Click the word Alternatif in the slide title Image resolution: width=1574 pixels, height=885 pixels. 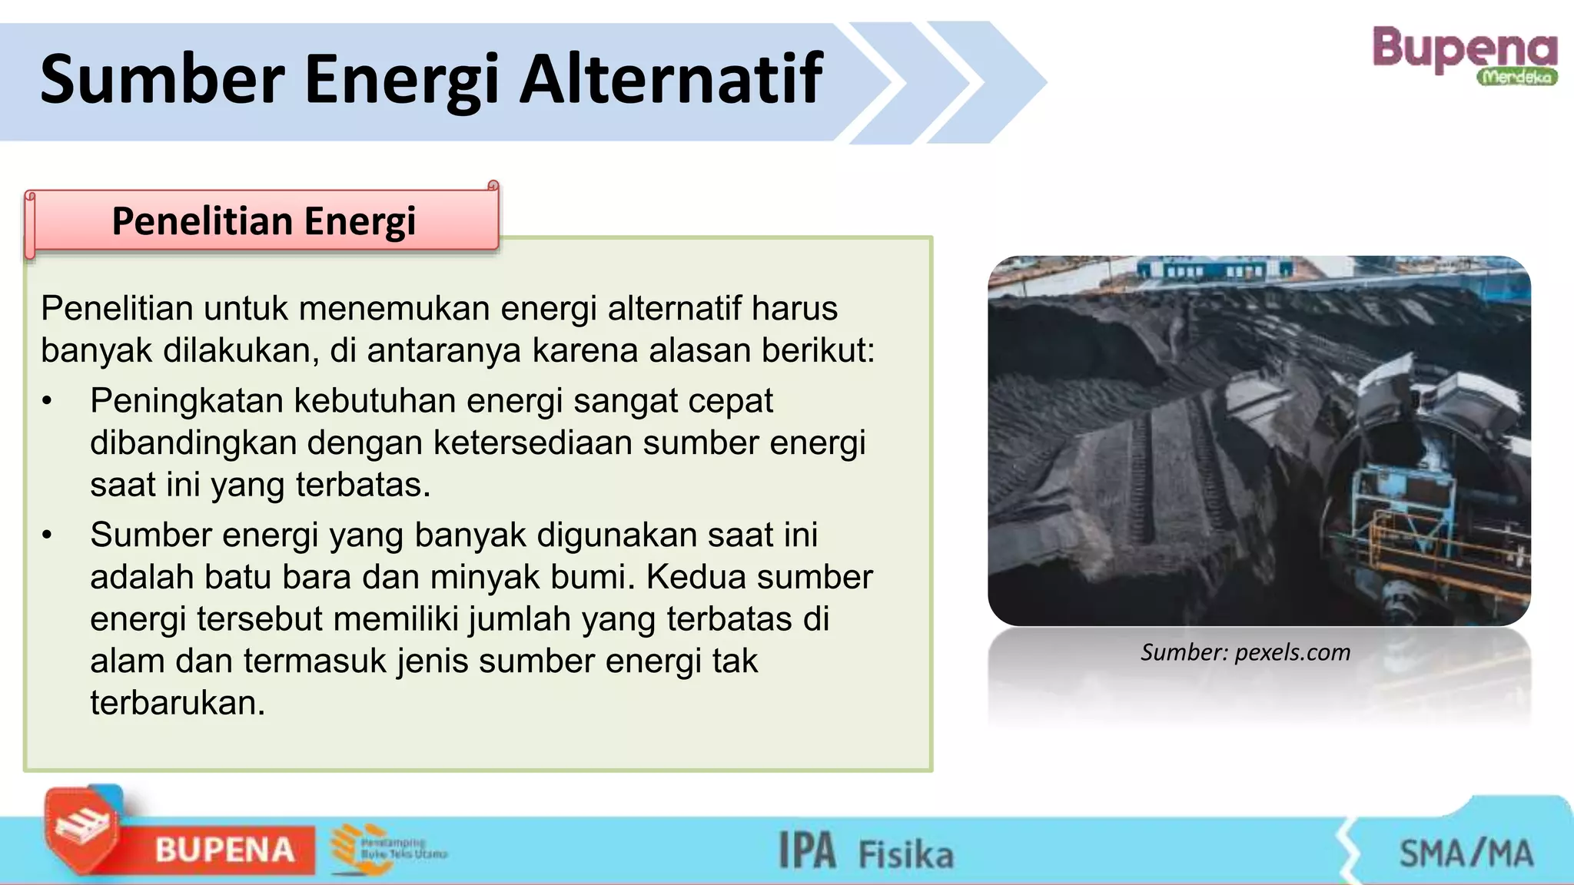click(x=671, y=79)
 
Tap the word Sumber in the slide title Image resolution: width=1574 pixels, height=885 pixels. click(x=162, y=79)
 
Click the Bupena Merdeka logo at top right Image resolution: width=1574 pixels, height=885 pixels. click(x=1464, y=55)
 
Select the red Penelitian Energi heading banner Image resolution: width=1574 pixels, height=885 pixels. click(x=263, y=221)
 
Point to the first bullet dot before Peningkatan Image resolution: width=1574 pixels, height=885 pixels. click(x=48, y=402)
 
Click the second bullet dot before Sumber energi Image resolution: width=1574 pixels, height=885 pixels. click(x=48, y=535)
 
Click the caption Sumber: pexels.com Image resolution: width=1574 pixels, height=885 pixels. click(x=1245, y=652)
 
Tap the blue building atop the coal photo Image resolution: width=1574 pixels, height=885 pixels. click(x=1214, y=269)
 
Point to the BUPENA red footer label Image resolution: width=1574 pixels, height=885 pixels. click(x=224, y=850)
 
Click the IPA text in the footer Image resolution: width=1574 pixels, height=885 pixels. click(x=807, y=851)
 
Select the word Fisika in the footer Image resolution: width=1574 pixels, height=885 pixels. click(x=905, y=854)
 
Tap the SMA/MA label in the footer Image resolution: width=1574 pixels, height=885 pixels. click(x=1465, y=853)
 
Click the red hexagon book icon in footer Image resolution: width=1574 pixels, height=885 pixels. click(x=81, y=830)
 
